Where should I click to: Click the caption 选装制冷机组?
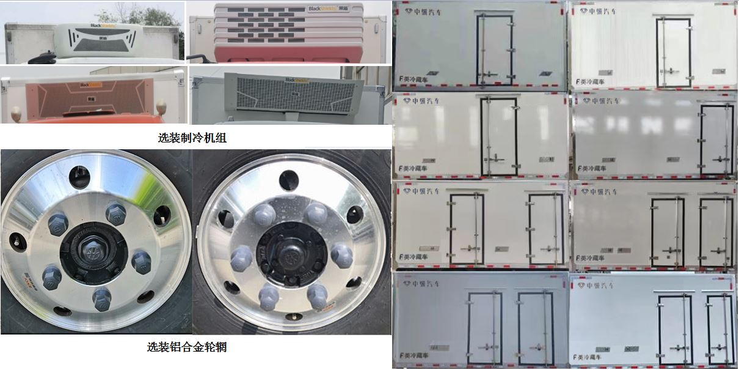tap(192, 138)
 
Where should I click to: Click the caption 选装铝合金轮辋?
tap(187, 347)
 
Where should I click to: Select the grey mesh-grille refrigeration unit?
tap(287, 94)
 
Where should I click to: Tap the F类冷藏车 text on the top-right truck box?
tap(593, 80)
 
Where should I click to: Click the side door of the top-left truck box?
tap(495, 50)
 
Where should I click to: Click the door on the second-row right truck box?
tap(716, 140)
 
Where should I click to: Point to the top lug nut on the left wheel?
tap(116, 214)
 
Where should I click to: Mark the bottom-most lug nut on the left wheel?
tap(101, 300)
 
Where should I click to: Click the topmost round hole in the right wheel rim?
tap(288, 180)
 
